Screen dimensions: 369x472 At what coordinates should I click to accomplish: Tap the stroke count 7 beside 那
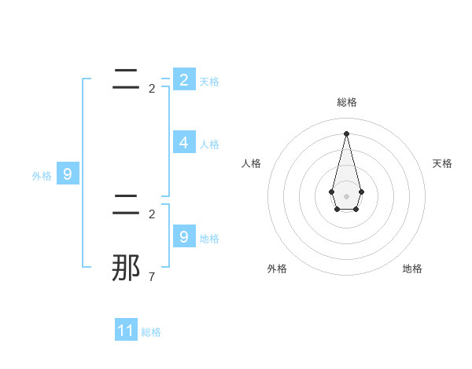(x=152, y=276)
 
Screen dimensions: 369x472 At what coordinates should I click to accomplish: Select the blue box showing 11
(x=126, y=331)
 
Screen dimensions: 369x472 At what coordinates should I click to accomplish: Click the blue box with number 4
(x=183, y=143)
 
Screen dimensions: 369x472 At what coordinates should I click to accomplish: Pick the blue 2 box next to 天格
(x=183, y=79)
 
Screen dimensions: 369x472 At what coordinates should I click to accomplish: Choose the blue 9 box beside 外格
(x=67, y=174)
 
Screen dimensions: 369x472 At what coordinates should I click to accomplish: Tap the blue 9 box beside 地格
(x=183, y=237)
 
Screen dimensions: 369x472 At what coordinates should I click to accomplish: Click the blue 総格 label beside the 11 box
(x=151, y=332)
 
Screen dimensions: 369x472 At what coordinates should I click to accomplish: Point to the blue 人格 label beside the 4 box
(x=209, y=144)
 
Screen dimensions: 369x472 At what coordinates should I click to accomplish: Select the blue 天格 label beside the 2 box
(x=209, y=82)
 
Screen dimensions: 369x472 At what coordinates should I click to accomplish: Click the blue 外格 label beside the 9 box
(x=42, y=176)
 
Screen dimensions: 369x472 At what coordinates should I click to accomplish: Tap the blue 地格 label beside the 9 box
(x=209, y=239)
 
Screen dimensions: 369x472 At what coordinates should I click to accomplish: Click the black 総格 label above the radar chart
(x=347, y=102)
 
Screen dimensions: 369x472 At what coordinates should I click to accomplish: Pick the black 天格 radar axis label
(x=442, y=163)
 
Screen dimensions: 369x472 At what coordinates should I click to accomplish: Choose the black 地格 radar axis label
(x=412, y=269)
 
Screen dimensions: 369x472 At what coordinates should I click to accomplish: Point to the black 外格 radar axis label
(x=277, y=269)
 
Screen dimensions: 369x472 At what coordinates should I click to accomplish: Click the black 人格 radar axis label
(x=252, y=163)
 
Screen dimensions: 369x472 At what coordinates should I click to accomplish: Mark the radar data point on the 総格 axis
(x=347, y=133)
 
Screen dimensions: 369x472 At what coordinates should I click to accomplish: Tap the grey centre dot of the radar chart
(x=347, y=195)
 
